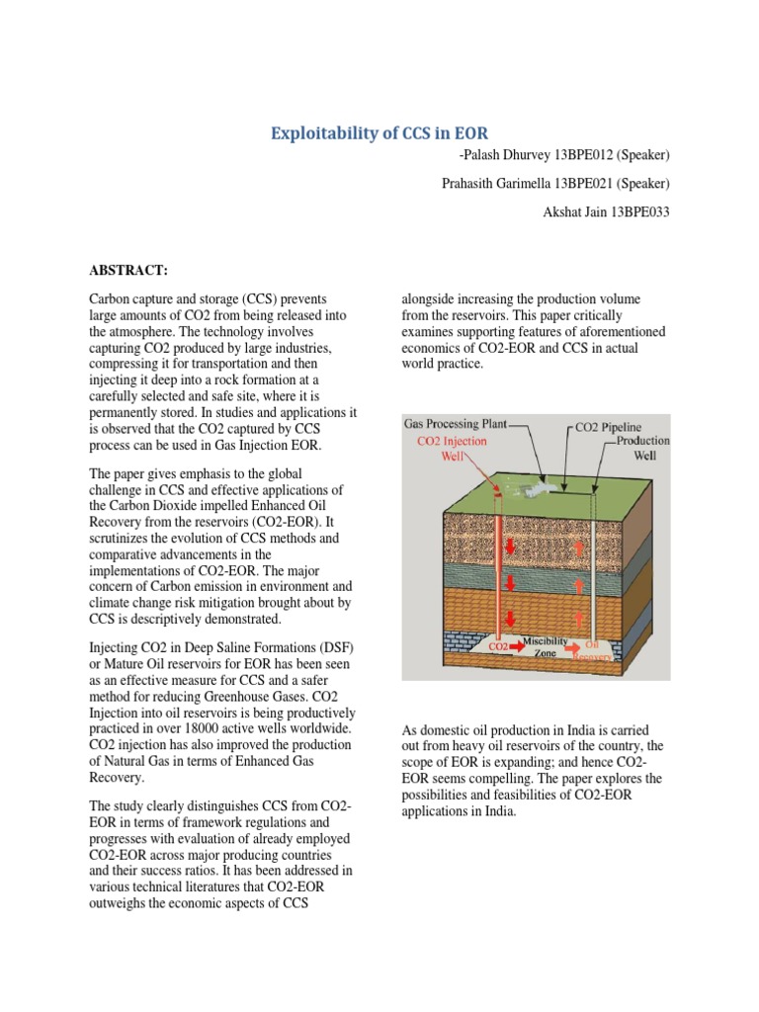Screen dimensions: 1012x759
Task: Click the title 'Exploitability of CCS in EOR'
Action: tap(379, 133)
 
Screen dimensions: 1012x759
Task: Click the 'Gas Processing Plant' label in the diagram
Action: tap(456, 423)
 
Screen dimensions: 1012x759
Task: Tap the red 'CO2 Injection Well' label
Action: tap(452, 449)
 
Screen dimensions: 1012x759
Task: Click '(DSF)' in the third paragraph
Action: tap(336, 646)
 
